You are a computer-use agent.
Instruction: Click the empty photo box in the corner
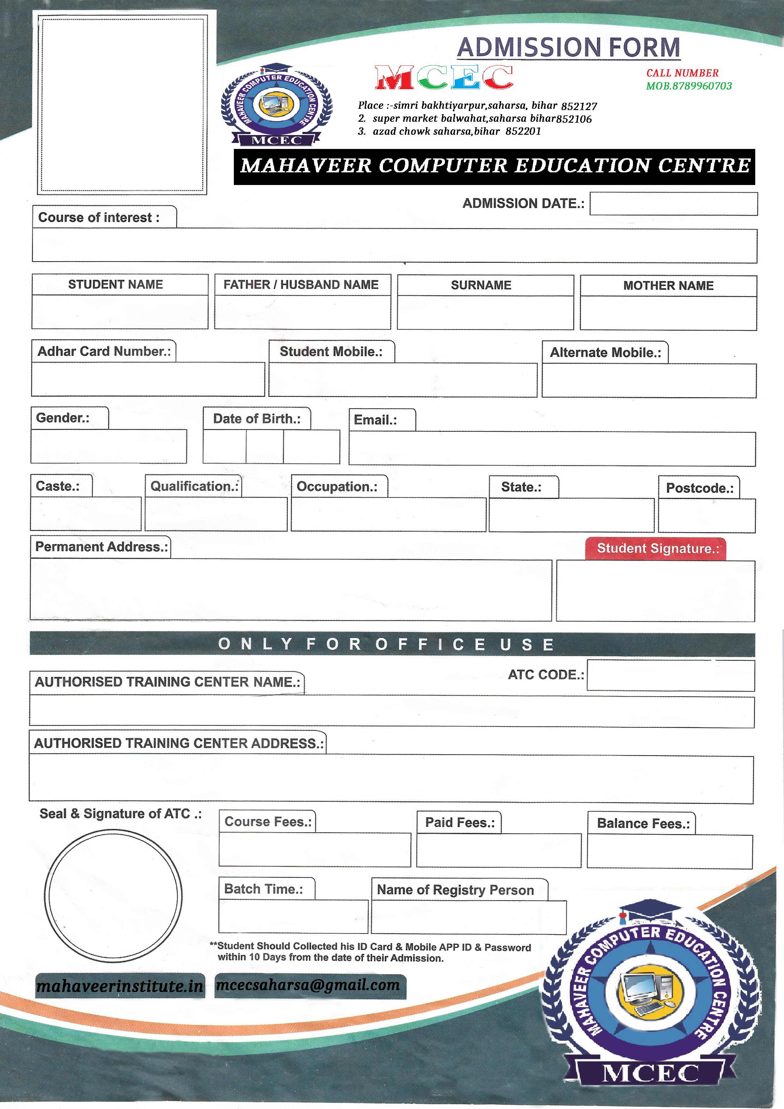pyautogui.click(x=122, y=104)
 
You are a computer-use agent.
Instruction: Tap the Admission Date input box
pyautogui.click(x=673, y=204)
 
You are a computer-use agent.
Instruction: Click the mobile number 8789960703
pyautogui.click(x=702, y=86)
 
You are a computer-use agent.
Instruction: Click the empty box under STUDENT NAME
pyautogui.click(x=120, y=312)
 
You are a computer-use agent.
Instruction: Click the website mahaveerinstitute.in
pyautogui.click(x=120, y=986)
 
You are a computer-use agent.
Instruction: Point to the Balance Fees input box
pyautogui.click(x=670, y=852)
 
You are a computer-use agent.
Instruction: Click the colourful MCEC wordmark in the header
pyautogui.click(x=444, y=78)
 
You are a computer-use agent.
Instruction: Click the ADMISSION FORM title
pyautogui.click(x=569, y=47)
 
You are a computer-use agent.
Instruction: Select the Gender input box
pyautogui.click(x=109, y=446)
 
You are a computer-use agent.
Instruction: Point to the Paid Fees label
pyautogui.click(x=459, y=823)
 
